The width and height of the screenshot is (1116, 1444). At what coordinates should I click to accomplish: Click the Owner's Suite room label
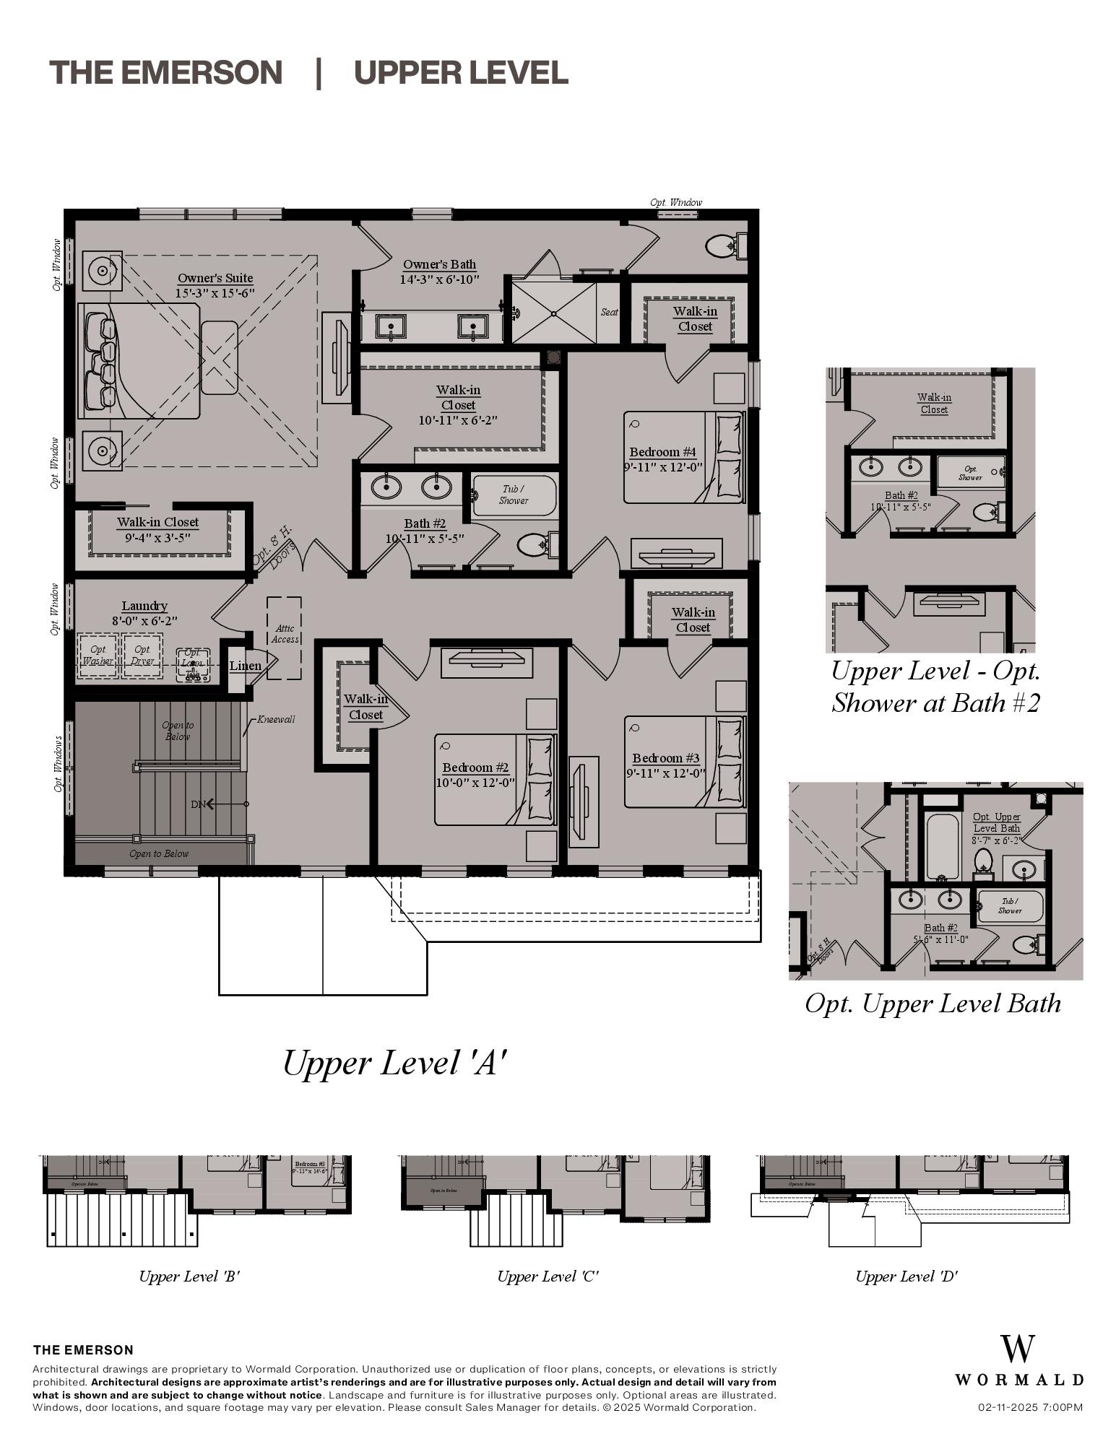(x=215, y=278)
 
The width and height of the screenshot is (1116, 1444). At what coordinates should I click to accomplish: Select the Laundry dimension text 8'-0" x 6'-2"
(x=144, y=620)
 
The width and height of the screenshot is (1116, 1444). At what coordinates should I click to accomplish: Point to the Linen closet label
(x=245, y=666)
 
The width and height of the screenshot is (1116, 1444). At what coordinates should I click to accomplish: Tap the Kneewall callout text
(x=276, y=719)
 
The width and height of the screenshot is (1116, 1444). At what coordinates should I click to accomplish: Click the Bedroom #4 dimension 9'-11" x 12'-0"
(x=663, y=467)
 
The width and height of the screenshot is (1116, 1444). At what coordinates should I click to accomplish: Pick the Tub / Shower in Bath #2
(x=514, y=495)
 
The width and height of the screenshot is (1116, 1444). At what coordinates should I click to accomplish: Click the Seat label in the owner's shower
(x=609, y=312)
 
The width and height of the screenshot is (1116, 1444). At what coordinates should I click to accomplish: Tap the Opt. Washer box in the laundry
(x=98, y=656)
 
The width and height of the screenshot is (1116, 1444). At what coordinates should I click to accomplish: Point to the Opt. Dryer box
(x=142, y=656)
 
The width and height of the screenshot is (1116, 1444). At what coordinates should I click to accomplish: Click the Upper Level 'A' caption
(x=394, y=1063)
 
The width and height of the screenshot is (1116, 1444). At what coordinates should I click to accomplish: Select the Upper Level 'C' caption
(x=548, y=1276)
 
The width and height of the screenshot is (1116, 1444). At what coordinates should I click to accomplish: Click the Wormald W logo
(x=1017, y=1349)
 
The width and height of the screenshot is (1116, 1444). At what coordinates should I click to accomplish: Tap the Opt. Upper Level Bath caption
(x=933, y=1004)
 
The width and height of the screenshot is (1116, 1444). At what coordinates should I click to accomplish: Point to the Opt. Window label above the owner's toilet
(x=675, y=202)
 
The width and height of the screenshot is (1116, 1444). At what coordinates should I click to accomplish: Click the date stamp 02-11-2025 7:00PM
(x=1030, y=1407)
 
